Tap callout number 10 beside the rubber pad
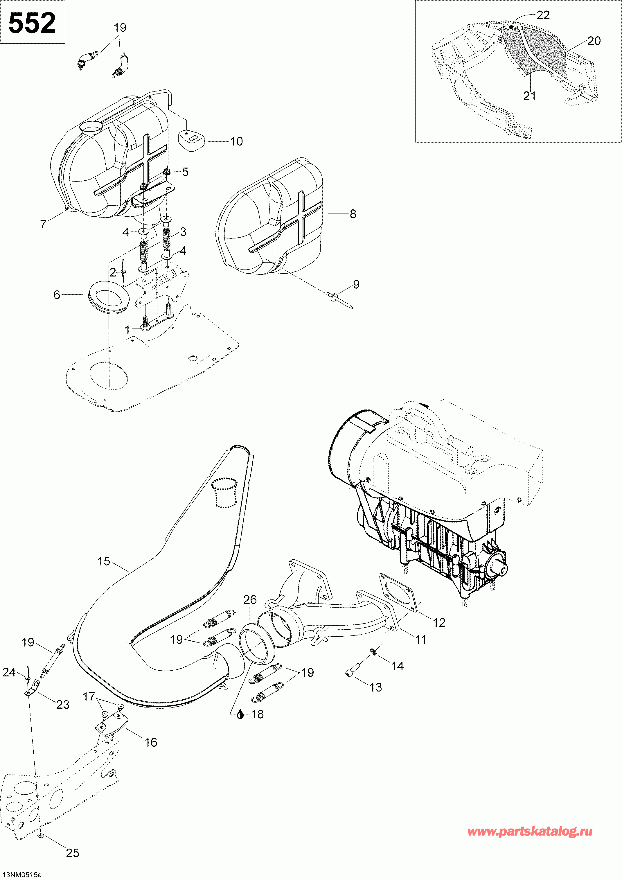tap(236, 141)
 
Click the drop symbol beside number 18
tap(240, 714)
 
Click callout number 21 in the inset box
tap(529, 96)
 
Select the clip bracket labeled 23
tap(33, 688)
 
